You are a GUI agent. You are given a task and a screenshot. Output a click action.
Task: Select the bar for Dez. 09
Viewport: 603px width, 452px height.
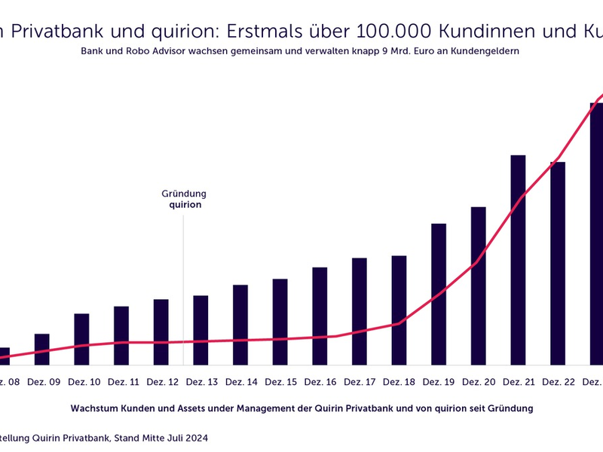pos(42,350)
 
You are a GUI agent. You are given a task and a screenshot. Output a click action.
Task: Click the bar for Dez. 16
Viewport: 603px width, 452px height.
pos(320,317)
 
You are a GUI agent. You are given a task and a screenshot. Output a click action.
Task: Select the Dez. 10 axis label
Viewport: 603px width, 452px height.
pos(84,383)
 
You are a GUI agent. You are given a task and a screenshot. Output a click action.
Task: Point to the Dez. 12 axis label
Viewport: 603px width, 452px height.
pos(164,383)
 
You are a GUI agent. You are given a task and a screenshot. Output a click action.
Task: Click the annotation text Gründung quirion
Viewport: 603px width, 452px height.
pos(185,199)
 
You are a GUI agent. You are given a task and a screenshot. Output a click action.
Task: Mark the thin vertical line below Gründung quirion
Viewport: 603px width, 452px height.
pos(183,286)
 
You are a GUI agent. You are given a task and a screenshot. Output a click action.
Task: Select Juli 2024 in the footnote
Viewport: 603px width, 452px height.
pos(184,437)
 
